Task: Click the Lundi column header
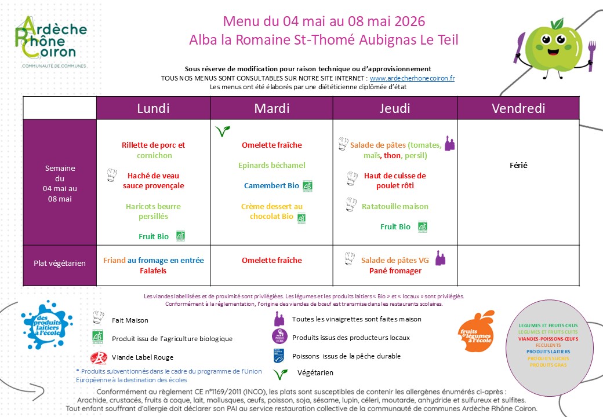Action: [153, 108]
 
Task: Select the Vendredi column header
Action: [518, 108]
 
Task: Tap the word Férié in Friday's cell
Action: [519, 166]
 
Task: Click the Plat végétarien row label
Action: [60, 263]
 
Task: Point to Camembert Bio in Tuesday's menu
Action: [272, 186]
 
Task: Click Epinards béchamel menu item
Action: [272, 166]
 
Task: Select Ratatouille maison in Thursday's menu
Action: [395, 206]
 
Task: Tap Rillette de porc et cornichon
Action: [154, 151]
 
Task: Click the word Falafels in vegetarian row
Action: [154, 270]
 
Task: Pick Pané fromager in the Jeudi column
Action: [395, 270]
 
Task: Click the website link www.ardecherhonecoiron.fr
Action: [412, 78]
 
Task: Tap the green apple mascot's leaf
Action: [558, 23]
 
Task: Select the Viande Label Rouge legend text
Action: [143, 357]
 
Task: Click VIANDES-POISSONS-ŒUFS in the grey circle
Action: [548, 339]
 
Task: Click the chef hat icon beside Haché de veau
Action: [112, 175]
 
